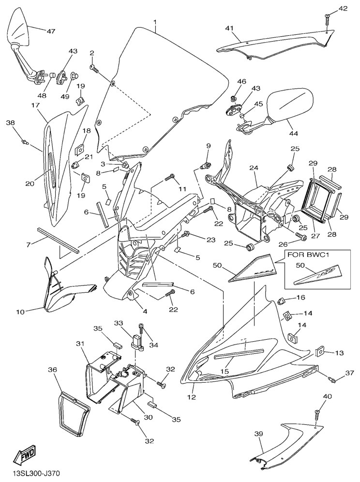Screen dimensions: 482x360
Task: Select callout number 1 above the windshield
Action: (x=155, y=23)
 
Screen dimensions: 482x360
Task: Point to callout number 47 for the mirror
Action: (x=51, y=31)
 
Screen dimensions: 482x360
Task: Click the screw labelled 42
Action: (x=328, y=18)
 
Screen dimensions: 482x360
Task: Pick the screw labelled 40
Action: (x=317, y=414)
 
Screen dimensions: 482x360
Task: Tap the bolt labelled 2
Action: (x=93, y=68)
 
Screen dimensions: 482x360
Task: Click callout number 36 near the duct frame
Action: (x=53, y=369)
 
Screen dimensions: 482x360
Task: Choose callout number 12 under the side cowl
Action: (x=192, y=397)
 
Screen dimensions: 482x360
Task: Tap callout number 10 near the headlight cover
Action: (x=20, y=312)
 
